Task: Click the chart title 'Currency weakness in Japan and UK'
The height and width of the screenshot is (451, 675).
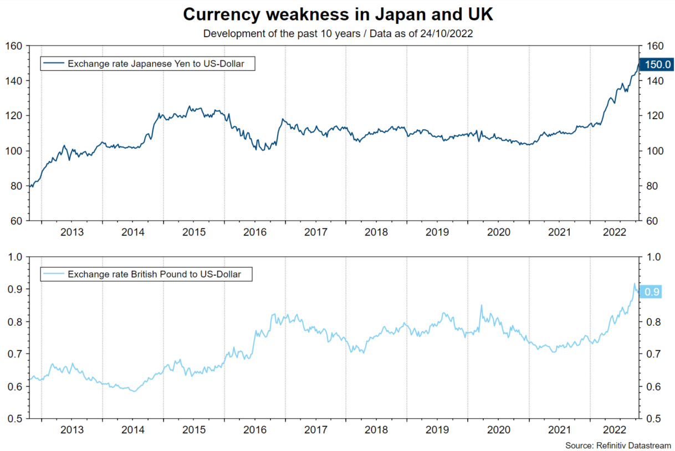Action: click(x=337, y=15)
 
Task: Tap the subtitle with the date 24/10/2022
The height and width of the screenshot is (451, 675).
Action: click(x=337, y=33)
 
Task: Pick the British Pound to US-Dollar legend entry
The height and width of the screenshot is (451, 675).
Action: click(x=154, y=274)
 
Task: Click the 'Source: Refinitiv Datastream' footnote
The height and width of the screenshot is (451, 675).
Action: click(x=618, y=445)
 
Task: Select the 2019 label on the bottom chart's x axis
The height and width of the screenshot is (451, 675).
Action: click(x=437, y=429)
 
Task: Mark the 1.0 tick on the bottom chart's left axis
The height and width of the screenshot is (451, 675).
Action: click(x=16, y=257)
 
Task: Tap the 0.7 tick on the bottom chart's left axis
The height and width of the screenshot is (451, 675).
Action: click(x=16, y=354)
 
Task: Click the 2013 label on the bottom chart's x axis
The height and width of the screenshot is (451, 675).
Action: click(x=72, y=429)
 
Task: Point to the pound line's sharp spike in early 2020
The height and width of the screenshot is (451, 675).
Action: click(x=481, y=305)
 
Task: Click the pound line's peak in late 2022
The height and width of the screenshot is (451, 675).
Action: click(x=635, y=284)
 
